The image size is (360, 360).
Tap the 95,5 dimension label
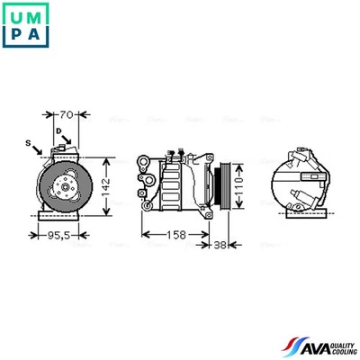point(58,239)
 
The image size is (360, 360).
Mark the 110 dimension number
point(240,187)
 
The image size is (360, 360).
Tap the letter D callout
point(58,133)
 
